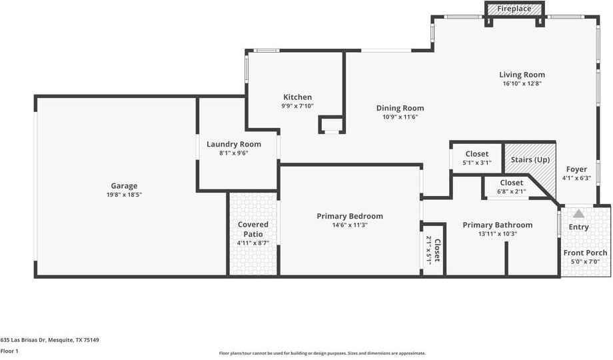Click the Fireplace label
pyautogui.click(x=514, y=9)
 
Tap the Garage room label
pyautogui.click(x=124, y=186)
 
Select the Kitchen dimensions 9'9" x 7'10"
pyautogui.click(x=298, y=105)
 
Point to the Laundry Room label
pyautogui.click(x=234, y=145)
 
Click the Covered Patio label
pyautogui.click(x=253, y=229)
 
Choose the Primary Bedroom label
pyautogui.click(x=350, y=216)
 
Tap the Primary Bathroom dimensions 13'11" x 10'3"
pyautogui.click(x=498, y=233)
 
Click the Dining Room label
pyautogui.click(x=400, y=109)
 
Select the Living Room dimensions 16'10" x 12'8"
pyautogui.click(x=522, y=83)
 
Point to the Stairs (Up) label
pyautogui.click(x=530, y=159)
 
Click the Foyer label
pyautogui.click(x=576, y=169)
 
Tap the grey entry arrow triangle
pyautogui.click(x=578, y=213)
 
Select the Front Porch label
pyautogui.click(x=585, y=253)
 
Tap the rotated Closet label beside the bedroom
pyautogui.click(x=438, y=251)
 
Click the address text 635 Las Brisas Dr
pyautogui.click(x=23, y=340)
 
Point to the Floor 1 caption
pyautogui.click(x=9, y=351)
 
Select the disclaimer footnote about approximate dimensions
pyautogui.click(x=322, y=353)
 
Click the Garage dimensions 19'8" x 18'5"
pyautogui.click(x=124, y=195)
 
